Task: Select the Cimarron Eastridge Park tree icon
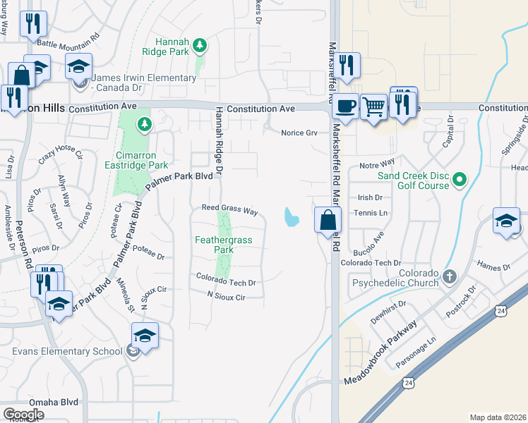[145, 125]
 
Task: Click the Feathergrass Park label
[224, 245]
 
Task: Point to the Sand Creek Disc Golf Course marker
[460, 180]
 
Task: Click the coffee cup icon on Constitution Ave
[344, 106]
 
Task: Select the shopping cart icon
[373, 106]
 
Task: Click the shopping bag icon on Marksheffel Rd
[328, 219]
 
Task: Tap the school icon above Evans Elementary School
[145, 336]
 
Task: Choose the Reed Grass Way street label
[229, 209]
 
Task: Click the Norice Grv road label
[299, 133]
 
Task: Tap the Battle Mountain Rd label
[68, 44]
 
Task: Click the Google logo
[24, 415]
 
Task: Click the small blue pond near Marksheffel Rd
[291, 217]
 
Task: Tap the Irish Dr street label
[370, 198]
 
